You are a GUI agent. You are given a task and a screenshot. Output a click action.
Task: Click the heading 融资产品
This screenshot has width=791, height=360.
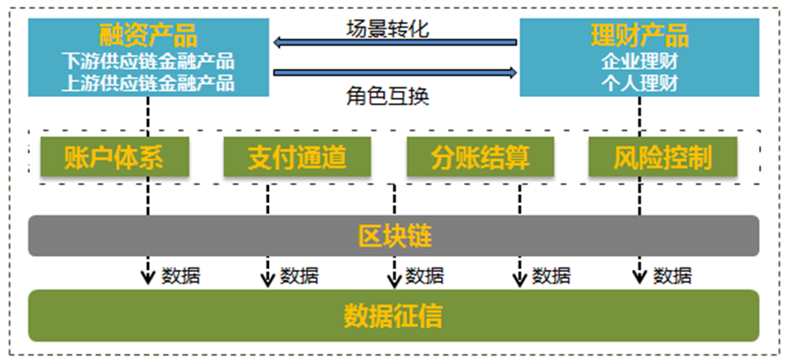pos(148,36)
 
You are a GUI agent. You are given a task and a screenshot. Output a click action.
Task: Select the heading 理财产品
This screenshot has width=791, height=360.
pos(638,36)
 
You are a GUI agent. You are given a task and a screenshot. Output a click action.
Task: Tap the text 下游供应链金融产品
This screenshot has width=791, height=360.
pos(148,62)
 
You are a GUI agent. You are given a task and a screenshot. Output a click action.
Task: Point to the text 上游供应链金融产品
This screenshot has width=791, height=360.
pos(148,84)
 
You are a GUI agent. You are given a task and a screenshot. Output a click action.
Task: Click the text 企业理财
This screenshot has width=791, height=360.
pos(638,62)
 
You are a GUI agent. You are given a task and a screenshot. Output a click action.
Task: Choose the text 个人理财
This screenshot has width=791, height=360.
pos(638,84)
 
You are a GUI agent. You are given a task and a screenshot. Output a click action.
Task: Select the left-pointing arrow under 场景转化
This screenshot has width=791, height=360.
pos(393,41)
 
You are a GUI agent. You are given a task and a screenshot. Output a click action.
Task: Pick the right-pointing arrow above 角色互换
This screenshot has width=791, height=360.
pos(393,72)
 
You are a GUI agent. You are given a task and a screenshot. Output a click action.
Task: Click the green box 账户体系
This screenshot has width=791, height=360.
pos(115,158)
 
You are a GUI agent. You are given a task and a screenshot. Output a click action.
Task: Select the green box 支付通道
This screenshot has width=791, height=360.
pos(285,158)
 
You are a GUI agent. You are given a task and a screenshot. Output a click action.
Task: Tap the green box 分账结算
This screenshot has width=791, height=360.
pos(480,158)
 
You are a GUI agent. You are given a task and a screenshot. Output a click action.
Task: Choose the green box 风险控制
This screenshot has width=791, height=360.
pos(663,158)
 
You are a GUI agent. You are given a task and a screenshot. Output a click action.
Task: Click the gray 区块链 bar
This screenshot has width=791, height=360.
pos(393,236)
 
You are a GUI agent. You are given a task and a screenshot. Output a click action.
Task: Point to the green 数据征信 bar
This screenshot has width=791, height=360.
pos(393,315)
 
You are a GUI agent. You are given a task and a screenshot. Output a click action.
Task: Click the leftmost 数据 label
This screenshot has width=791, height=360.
pos(181,275)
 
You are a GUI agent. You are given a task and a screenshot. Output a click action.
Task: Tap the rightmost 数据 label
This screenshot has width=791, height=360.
pos(673,275)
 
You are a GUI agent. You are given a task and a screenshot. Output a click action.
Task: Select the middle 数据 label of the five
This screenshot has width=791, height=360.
pos(424,275)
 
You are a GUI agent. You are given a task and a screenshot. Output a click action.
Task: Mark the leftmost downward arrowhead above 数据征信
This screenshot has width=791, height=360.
pos(148,278)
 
